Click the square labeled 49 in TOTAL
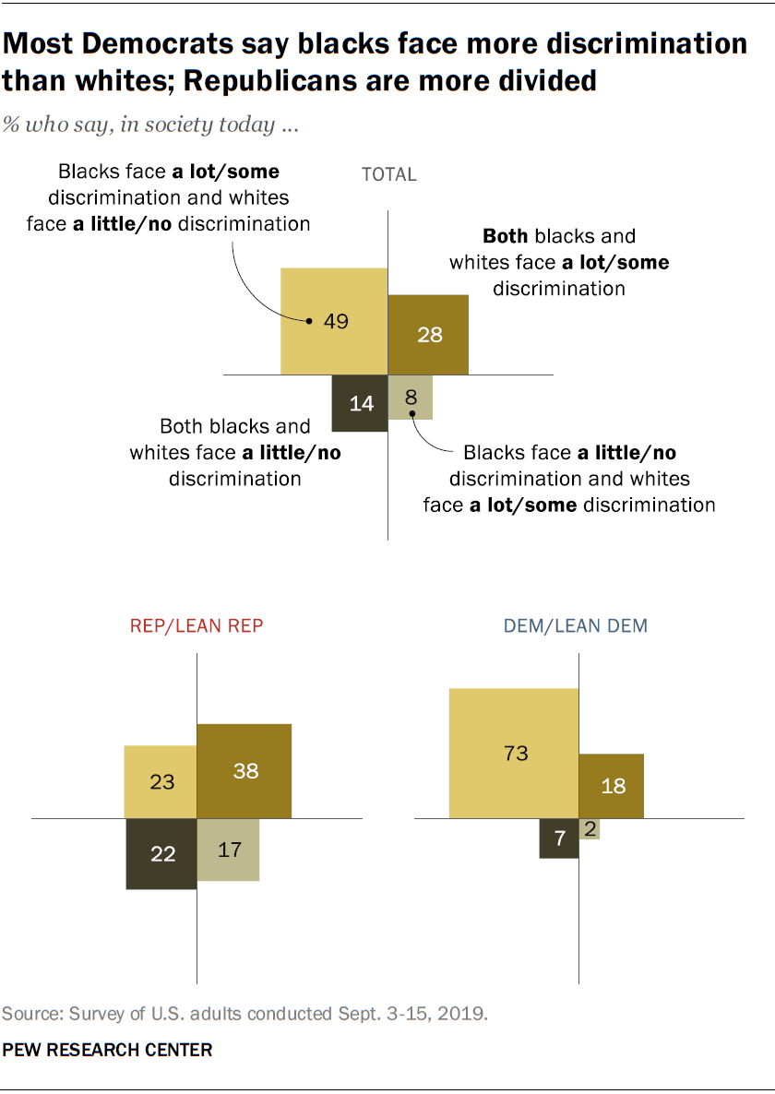pyautogui.click(x=334, y=321)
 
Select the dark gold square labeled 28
pyautogui.click(x=428, y=334)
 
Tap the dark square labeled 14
pyautogui.click(x=360, y=402)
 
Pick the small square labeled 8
pyautogui.click(x=411, y=397)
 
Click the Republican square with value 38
pyautogui.click(x=244, y=770)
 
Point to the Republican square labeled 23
pyautogui.click(x=161, y=781)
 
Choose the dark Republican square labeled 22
pyautogui.click(x=161, y=853)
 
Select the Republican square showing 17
pyautogui.click(x=228, y=849)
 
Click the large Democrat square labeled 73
pyautogui.click(x=514, y=753)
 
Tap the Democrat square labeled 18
pyautogui.click(x=612, y=786)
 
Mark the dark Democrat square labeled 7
pyautogui.click(x=559, y=838)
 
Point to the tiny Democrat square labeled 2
pyautogui.click(x=590, y=828)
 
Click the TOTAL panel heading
pyautogui.click(x=388, y=174)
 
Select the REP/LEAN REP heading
pyautogui.click(x=197, y=625)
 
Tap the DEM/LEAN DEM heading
pyautogui.click(x=576, y=625)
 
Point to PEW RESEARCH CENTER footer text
pyautogui.click(x=107, y=1050)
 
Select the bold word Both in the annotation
pyautogui.click(x=506, y=235)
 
